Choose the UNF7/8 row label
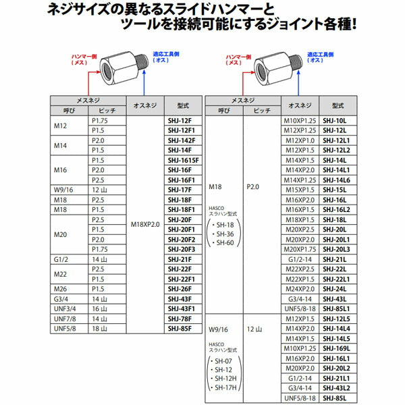[x=66, y=318]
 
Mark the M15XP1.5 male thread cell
[x=299, y=190]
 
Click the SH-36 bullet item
[x=226, y=232]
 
